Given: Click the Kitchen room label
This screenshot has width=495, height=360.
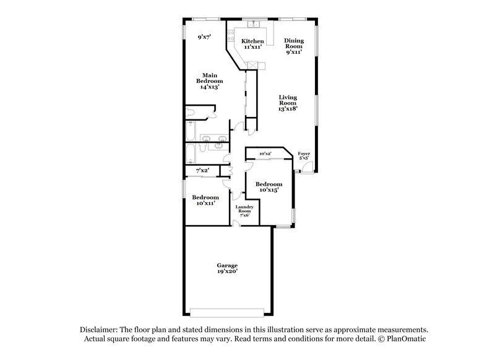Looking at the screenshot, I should coord(252,41).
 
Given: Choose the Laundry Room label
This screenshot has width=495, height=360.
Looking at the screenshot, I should coord(243,209).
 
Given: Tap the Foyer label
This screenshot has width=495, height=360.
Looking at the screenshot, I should coord(304,153).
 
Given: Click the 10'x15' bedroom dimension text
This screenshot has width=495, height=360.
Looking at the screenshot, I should coord(269,190).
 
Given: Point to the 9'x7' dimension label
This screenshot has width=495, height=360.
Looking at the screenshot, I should coord(204,37).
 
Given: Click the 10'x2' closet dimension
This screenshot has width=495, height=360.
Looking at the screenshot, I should coord(265,153).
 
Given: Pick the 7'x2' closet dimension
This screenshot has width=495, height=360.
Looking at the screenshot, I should coord(202,170).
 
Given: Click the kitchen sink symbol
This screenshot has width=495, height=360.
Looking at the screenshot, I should coord(253,25).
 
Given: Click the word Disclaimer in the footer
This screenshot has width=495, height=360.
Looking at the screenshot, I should coord(100,330).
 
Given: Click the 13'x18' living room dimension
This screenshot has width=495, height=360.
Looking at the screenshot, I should coord(288,108).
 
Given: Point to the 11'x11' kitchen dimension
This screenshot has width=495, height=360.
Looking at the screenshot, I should coord(252,47).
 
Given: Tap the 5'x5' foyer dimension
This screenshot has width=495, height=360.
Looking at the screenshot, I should coord(304,158).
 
